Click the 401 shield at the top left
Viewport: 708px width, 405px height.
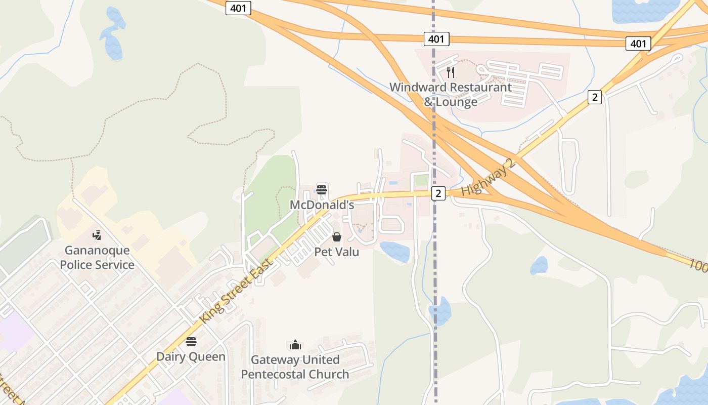[238, 8]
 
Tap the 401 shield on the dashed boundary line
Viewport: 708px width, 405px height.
[436, 39]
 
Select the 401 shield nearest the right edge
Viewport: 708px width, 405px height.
[638, 44]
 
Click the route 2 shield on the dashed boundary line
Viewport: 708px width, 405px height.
[438, 193]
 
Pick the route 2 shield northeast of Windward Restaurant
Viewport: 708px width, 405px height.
[595, 97]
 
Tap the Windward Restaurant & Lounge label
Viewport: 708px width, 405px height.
[450, 94]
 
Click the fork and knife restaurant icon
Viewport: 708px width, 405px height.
[451, 72]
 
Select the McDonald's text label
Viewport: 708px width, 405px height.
[322, 205]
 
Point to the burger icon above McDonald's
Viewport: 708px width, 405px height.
[322, 190]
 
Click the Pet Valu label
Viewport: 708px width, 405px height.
[337, 252]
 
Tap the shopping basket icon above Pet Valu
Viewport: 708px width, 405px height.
[337, 236]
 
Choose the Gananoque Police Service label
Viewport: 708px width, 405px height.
[97, 257]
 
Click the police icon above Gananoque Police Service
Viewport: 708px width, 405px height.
[97, 235]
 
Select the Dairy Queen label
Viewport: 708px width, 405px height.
[191, 356]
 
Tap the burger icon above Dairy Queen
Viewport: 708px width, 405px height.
[191, 341]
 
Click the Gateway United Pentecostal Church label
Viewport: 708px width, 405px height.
[295, 367]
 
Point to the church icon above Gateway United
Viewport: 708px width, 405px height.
[295, 345]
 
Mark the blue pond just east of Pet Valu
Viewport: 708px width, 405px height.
[395, 251]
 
